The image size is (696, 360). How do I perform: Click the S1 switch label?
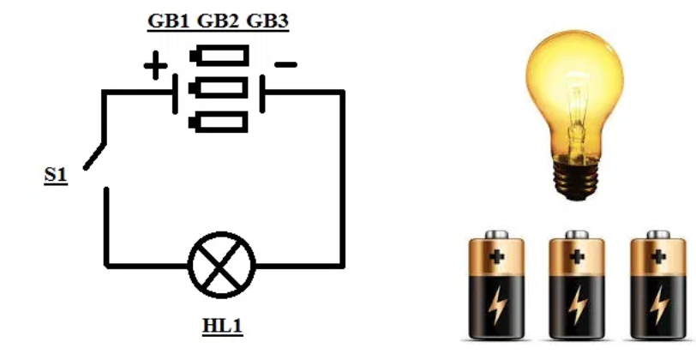pos(56,177)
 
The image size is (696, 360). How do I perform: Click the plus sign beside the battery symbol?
pos(155,66)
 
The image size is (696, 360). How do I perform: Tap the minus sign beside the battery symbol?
pos(285,64)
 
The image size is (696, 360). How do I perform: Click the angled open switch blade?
pos(96,154)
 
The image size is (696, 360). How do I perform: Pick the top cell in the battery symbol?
pos(221,57)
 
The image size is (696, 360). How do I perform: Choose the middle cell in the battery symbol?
pos(221,88)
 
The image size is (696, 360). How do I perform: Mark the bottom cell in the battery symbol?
pos(221,123)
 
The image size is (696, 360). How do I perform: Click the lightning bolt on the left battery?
pos(498,303)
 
